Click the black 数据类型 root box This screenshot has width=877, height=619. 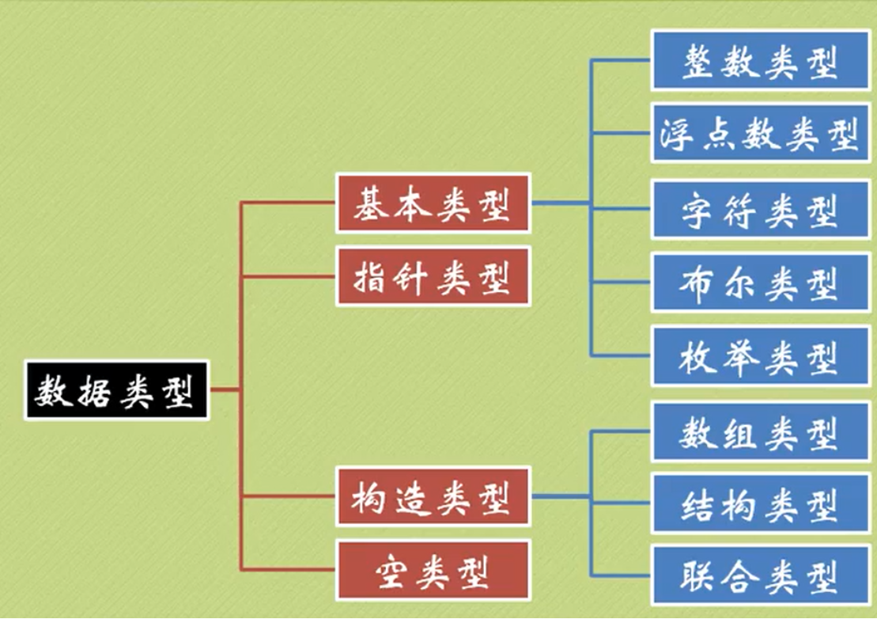tap(116, 390)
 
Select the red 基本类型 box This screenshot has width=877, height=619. tap(433, 203)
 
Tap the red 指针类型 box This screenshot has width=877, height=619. tap(433, 277)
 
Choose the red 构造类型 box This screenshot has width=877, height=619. tap(433, 497)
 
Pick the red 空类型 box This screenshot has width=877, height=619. tap(433, 570)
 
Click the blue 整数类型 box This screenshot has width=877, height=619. tap(760, 61)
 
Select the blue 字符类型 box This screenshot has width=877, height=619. tap(760, 210)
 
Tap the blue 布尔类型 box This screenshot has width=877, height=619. tap(760, 283)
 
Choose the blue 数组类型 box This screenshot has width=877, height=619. tap(760, 431)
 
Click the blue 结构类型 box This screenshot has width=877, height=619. tap(760, 503)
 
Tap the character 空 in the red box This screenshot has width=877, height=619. tap(391, 570)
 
